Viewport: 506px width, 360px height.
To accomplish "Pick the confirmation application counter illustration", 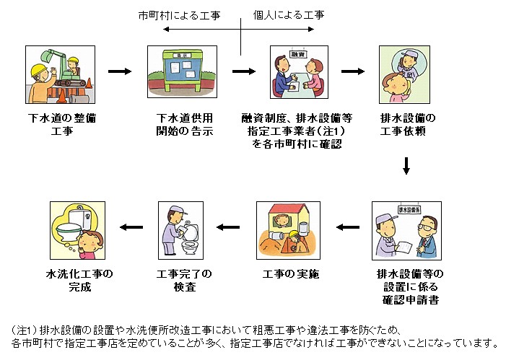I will click(x=406, y=229).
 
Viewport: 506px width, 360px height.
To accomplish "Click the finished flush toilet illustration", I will click(x=77, y=229).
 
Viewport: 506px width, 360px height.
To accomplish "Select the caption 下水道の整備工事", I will click(x=56, y=123).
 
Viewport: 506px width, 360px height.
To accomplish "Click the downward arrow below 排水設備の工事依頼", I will click(x=406, y=167).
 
